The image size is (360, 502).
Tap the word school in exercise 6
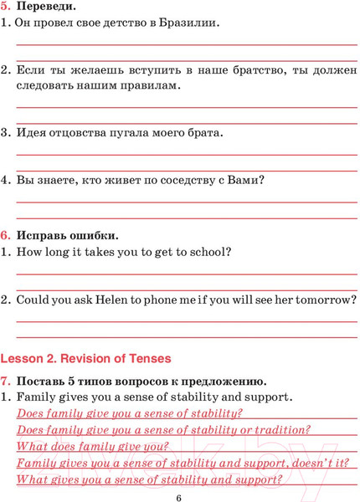(x=207, y=250)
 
